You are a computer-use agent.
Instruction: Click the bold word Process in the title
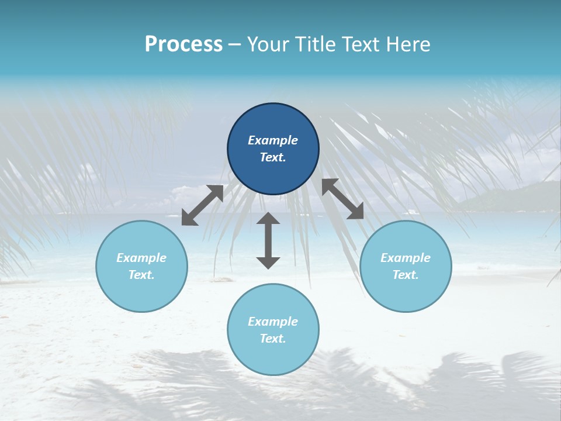[x=183, y=44]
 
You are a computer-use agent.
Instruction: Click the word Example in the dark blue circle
[x=273, y=140]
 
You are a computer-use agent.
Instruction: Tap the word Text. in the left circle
[x=141, y=275]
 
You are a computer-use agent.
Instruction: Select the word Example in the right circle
[x=406, y=258]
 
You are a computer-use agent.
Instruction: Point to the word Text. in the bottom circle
[x=273, y=339]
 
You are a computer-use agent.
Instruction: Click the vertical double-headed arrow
[x=268, y=240]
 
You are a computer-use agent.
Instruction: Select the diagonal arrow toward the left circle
[x=202, y=205]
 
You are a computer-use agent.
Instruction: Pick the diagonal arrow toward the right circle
[x=343, y=199]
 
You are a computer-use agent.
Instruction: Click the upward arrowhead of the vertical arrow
[x=268, y=219]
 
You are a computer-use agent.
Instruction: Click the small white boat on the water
[x=411, y=211]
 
